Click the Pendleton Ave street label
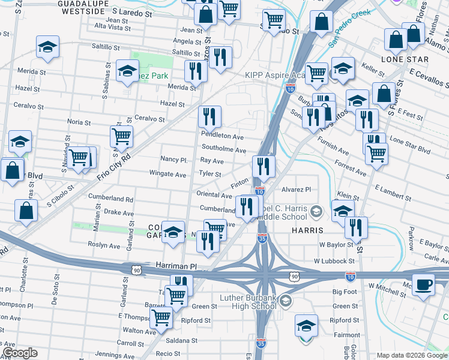[x=222, y=137]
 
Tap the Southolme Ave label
[x=224, y=150]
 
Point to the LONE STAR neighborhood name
[x=405, y=59]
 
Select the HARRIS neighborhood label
[x=308, y=230]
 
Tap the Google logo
[x=20, y=353]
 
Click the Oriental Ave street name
[x=214, y=196]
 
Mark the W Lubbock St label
[x=333, y=262]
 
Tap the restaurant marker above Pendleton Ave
[x=209, y=115]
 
